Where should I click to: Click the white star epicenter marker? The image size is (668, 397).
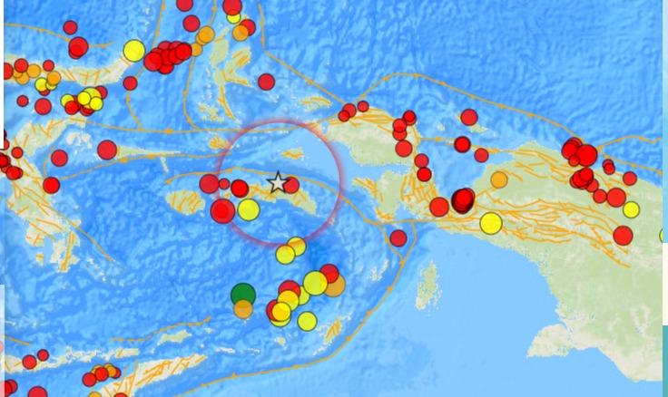[x=278, y=182]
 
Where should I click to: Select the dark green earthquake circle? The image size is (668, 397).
[x=243, y=294]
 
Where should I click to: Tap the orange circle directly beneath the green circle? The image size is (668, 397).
[x=243, y=309]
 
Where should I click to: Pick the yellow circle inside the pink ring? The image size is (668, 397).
[x=249, y=210]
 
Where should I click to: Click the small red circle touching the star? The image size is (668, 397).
[x=291, y=185]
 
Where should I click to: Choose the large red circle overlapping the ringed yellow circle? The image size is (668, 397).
[x=222, y=211]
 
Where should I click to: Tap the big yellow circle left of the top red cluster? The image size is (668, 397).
[x=134, y=51]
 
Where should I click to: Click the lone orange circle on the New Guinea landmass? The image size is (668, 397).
[x=499, y=179]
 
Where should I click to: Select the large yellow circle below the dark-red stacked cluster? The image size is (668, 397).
[x=491, y=222]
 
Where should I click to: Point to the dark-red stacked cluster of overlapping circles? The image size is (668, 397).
[x=463, y=200]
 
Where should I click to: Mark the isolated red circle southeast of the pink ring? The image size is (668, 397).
[x=398, y=238]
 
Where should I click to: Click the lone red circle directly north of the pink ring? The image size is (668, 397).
[x=266, y=82]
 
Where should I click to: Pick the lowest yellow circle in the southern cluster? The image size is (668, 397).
[x=308, y=321]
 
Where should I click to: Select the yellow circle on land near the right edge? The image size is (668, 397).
[x=632, y=210]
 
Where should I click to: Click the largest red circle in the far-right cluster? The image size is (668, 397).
[x=586, y=155]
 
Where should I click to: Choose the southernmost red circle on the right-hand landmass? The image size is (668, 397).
[x=623, y=236]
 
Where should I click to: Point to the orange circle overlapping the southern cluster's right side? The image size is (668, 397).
[x=334, y=286]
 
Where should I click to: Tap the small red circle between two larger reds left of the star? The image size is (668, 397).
[x=224, y=184]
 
